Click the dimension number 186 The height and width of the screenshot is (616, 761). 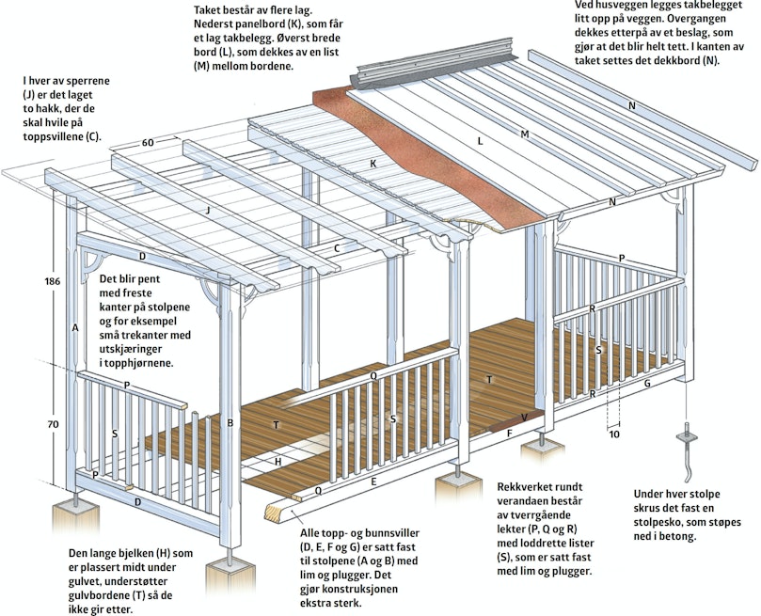(x=53, y=281)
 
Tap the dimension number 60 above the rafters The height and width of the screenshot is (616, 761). (x=148, y=143)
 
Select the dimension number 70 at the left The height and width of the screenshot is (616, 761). (x=53, y=424)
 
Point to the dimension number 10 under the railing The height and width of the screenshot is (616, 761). (x=614, y=434)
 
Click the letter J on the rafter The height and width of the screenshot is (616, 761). (x=208, y=210)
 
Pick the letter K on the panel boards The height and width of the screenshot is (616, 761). (x=373, y=164)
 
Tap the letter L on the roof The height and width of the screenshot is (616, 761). (x=480, y=142)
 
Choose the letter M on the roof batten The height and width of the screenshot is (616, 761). (x=525, y=134)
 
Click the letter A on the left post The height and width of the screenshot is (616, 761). (x=75, y=328)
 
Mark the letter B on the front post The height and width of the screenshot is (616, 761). (x=230, y=423)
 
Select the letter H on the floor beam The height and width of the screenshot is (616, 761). (x=278, y=462)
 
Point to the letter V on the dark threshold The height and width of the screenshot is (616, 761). (x=524, y=418)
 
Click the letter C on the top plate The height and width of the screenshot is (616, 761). (x=337, y=249)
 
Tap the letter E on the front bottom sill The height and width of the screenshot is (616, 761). (x=373, y=482)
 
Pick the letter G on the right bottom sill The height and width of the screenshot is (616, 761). (x=647, y=383)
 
